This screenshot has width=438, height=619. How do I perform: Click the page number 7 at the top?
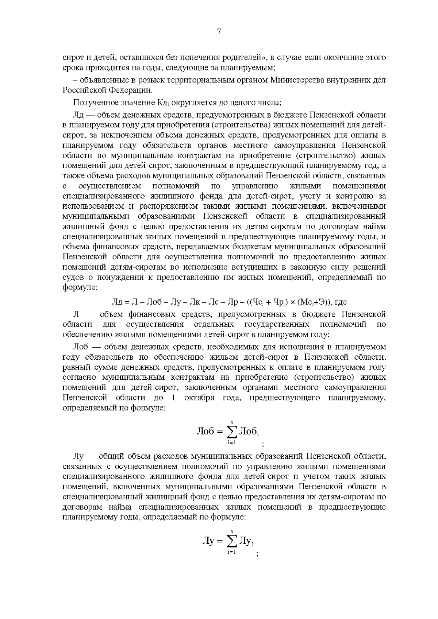219,32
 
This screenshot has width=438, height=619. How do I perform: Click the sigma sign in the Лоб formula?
231,432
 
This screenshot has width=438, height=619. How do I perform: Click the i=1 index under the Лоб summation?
232,442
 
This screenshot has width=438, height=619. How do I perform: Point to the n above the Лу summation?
232,531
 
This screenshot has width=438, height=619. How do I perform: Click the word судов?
72,277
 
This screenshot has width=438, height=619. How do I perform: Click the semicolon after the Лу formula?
257,554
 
